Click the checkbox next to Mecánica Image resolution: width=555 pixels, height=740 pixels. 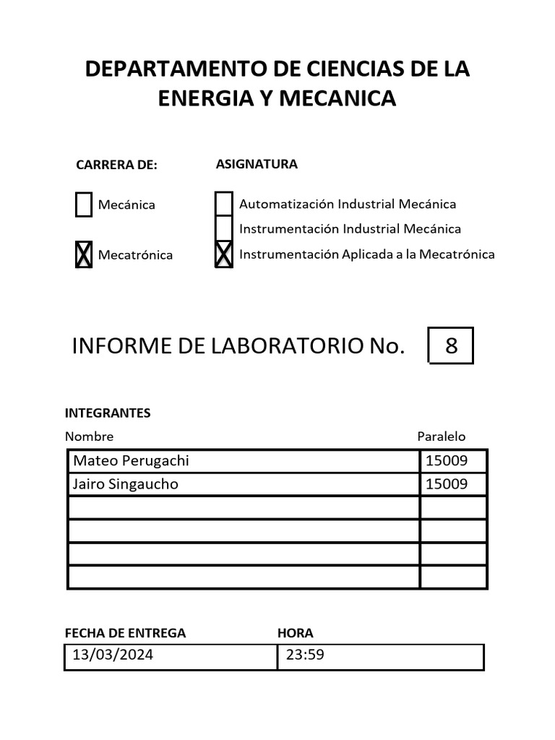[x=84, y=205]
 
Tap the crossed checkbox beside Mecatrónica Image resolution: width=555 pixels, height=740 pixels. [x=84, y=255]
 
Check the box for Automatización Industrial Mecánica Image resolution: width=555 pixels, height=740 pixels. [x=224, y=204]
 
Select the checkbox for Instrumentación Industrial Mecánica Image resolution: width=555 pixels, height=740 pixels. [x=224, y=229]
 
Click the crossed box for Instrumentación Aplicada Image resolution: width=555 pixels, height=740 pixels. [x=224, y=254]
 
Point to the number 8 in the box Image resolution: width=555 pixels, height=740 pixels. [x=452, y=345]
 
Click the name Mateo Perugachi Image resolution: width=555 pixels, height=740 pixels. [x=131, y=461]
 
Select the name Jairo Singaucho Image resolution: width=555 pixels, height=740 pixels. [x=125, y=484]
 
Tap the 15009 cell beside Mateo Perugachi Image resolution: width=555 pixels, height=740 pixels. [x=447, y=461]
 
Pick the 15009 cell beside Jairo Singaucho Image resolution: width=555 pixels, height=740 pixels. [x=447, y=484]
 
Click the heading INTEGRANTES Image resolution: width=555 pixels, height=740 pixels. [x=108, y=413]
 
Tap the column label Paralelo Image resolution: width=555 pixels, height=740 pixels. [x=442, y=436]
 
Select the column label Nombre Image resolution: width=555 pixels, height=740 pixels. [x=90, y=436]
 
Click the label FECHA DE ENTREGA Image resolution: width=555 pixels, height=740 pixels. [x=125, y=633]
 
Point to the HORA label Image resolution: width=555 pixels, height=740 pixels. [x=296, y=633]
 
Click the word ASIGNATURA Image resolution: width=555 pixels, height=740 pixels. [x=257, y=164]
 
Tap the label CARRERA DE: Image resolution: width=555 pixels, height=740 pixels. [x=116, y=165]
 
